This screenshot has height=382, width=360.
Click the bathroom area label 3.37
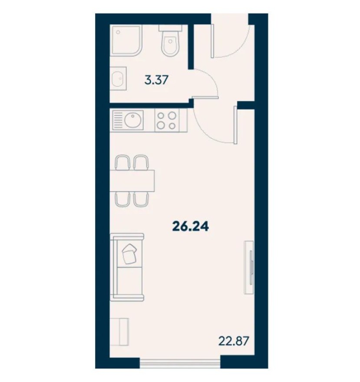point(156,80)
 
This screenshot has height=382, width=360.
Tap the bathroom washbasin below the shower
point(118,79)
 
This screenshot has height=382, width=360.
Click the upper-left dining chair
point(122,162)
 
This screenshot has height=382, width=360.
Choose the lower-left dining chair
point(122,198)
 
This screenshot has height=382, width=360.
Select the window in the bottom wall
point(180,361)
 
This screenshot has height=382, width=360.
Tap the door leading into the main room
point(217,126)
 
